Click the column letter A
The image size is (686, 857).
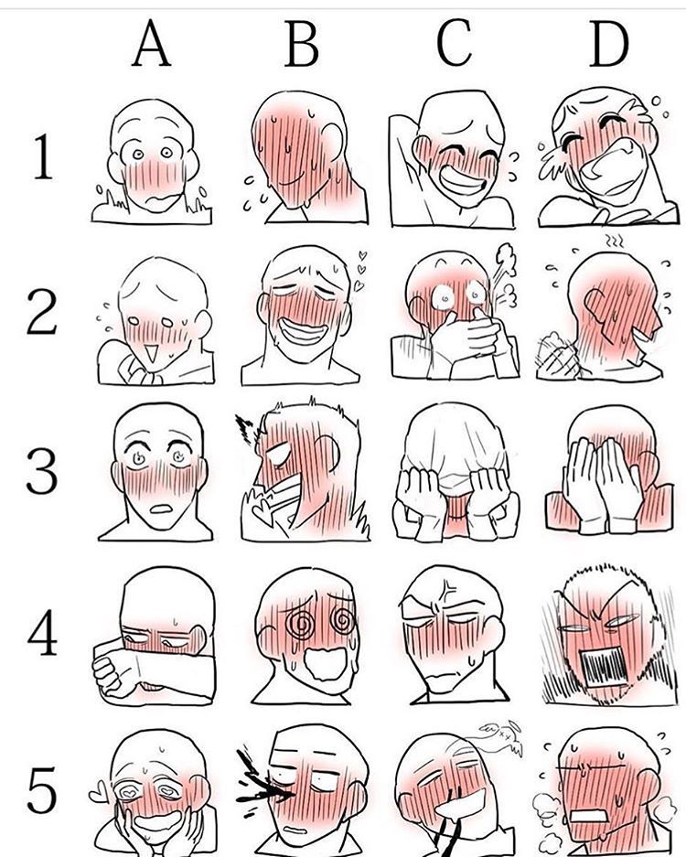152,46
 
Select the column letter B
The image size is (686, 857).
302,46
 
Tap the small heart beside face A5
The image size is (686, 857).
99,787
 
